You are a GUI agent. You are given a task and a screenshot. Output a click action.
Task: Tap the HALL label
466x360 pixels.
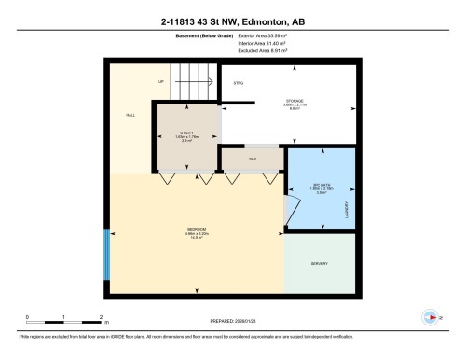coord(131,115)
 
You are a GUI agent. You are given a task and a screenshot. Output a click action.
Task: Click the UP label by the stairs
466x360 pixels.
coord(161,82)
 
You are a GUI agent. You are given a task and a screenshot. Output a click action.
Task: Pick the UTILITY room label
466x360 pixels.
coord(186,134)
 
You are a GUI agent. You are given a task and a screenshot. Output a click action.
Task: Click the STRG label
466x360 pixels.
coord(239,84)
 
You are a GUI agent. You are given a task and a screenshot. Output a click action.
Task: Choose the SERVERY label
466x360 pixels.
coord(319,264)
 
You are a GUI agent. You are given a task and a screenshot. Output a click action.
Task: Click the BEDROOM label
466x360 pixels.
coord(195,229)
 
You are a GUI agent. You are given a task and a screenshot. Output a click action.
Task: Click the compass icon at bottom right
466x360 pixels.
coord(430,316)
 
